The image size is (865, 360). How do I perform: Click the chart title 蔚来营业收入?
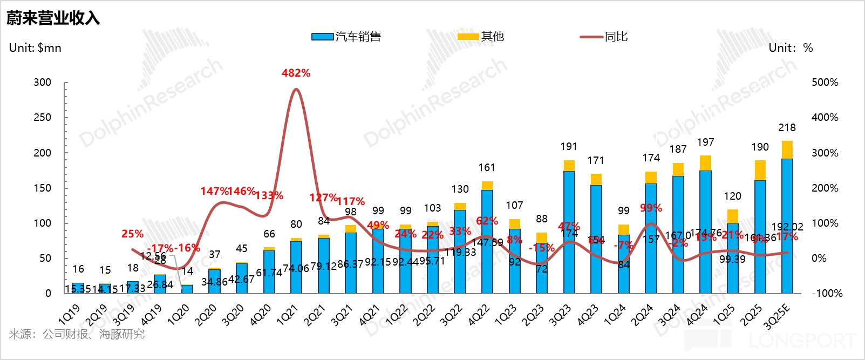pyautogui.click(x=53, y=18)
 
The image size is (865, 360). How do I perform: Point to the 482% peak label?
pyautogui.click(x=296, y=73)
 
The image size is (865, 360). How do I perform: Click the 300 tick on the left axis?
pyautogui.click(x=43, y=83)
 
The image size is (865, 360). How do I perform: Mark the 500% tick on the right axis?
pyautogui.click(x=825, y=83)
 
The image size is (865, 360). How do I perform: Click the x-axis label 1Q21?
pyautogui.click(x=287, y=315)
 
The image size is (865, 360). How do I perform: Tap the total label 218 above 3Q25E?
pyautogui.click(x=787, y=128)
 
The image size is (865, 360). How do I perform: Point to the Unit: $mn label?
pyautogui.click(x=35, y=48)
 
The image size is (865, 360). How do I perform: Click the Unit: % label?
pyautogui.click(x=791, y=48)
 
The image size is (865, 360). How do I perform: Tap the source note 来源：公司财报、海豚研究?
pyautogui.click(x=77, y=334)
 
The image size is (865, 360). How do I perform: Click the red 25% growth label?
pyautogui.click(x=132, y=234)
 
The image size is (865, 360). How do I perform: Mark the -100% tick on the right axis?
pyautogui.click(x=827, y=293)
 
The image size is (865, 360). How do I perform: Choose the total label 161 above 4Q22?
pyautogui.click(x=487, y=168)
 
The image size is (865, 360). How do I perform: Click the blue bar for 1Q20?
pyautogui.click(x=187, y=289)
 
